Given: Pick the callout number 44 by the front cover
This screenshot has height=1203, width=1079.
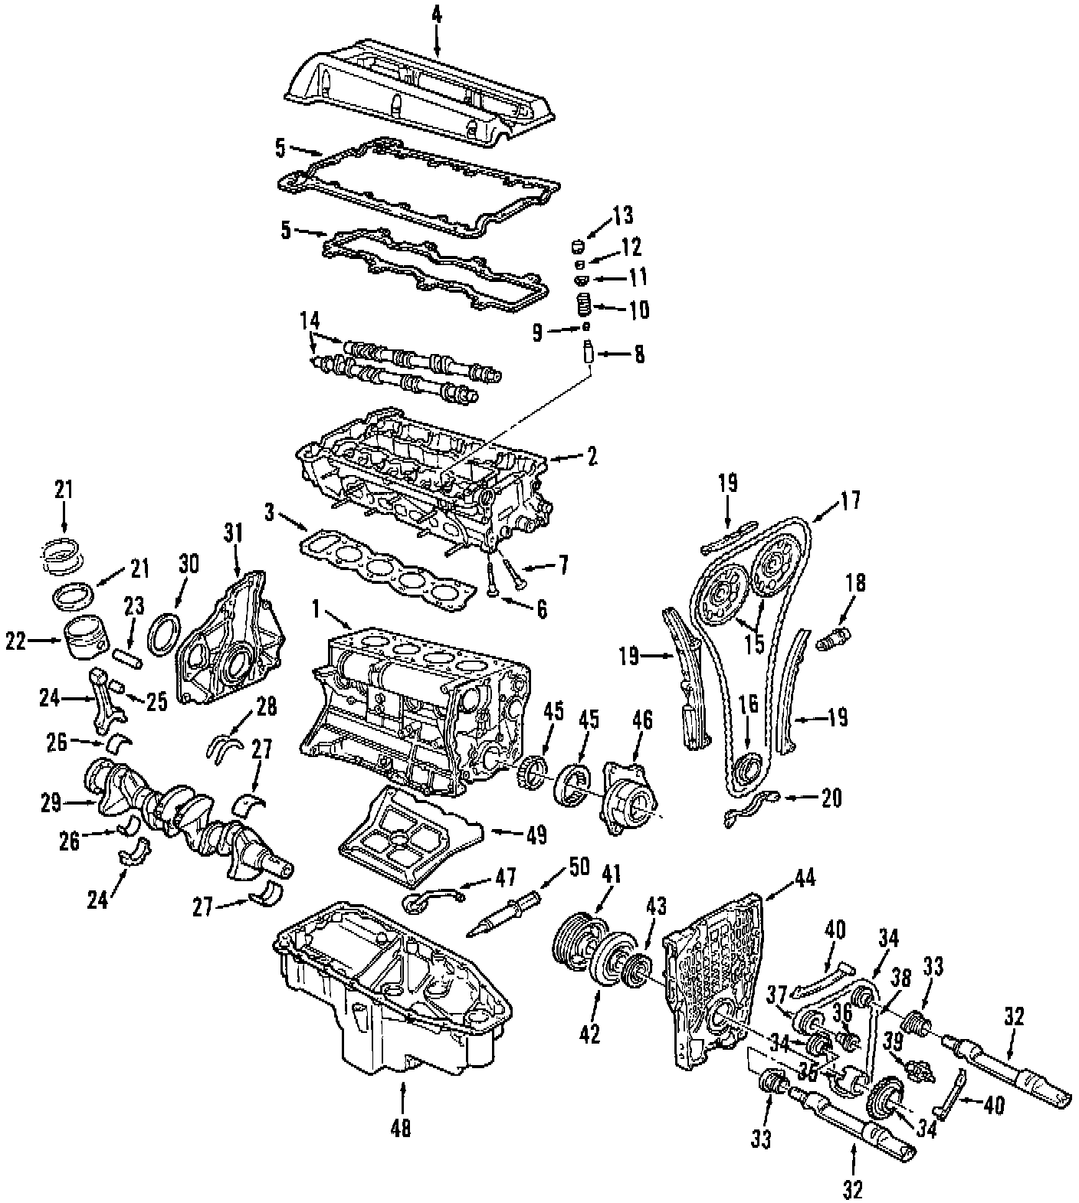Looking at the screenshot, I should [805, 878].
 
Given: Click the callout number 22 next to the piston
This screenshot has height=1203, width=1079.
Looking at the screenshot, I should [17, 641].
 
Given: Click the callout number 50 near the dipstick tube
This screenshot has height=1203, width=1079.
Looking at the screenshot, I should [579, 868].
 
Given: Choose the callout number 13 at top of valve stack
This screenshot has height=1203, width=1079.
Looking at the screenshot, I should [623, 217].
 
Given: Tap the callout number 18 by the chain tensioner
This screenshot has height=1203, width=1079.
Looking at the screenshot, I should [855, 582].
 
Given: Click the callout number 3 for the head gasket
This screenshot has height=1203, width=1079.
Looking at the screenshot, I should [268, 513].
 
